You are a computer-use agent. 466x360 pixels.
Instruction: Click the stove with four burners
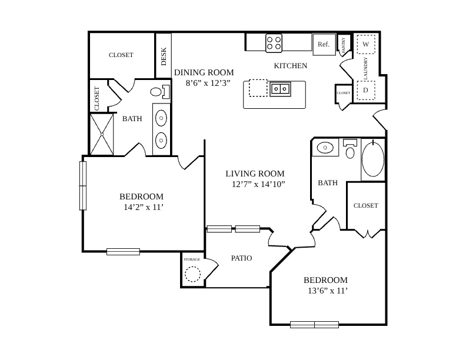click(274, 43)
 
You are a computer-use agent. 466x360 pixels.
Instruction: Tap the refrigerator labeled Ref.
click(324, 44)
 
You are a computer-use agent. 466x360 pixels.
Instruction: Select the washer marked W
click(366, 44)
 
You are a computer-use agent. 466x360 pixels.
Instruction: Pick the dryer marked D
click(366, 90)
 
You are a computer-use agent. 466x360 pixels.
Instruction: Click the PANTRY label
click(344, 45)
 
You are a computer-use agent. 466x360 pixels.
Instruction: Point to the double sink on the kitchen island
click(280, 89)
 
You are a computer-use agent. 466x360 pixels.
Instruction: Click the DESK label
click(164, 56)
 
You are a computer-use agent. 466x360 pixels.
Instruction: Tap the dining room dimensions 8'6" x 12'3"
click(208, 83)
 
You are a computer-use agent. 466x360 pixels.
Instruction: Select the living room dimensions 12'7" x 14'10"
click(258, 184)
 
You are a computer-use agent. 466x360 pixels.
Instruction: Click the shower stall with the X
click(102, 134)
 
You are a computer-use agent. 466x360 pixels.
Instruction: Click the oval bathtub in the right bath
click(373, 159)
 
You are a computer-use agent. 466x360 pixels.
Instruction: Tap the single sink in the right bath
click(325, 147)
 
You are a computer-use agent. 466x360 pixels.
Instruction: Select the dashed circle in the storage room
click(192, 274)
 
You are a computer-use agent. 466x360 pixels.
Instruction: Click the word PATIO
click(241, 258)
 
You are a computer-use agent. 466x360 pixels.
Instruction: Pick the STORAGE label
click(192, 259)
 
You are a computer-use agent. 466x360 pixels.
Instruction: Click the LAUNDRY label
click(365, 68)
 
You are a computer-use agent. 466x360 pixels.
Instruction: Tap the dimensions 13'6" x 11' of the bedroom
click(328, 291)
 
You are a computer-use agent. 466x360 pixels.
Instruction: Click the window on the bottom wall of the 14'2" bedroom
click(123, 252)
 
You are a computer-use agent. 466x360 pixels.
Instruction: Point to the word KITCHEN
click(290, 66)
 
